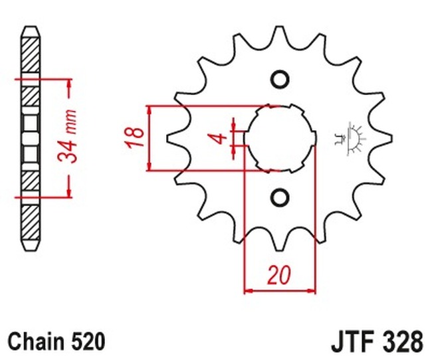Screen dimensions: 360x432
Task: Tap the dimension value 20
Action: pyautogui.click(x=280, y=274)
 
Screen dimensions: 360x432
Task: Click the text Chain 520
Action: pyautogui.click(x=56, y=341)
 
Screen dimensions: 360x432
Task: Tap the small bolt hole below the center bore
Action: pyautogui.click(x=280, y=197)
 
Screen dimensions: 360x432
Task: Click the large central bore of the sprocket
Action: pyautogui.click(x=280, y=137)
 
